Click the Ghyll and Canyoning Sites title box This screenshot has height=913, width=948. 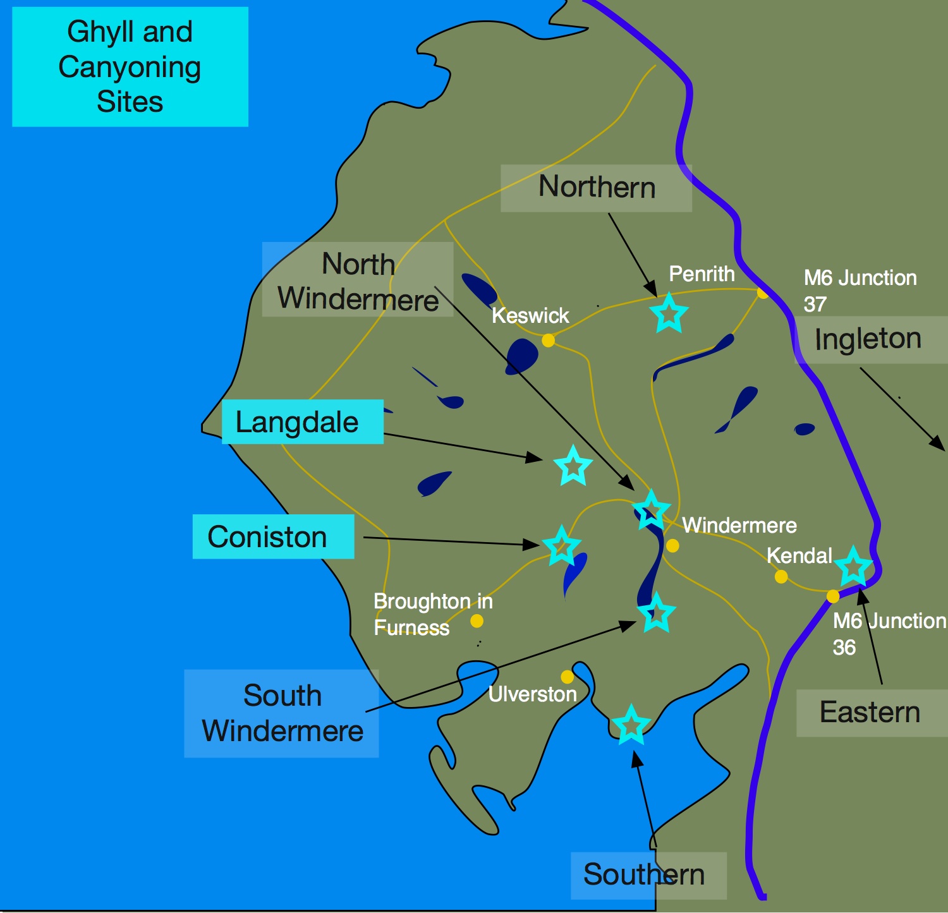point(130,66)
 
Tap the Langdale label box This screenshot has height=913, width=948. point(302,421)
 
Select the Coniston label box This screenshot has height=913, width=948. point(273,536)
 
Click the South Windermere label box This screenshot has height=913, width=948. point(282,713)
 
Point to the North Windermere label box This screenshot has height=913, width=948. point(358,280)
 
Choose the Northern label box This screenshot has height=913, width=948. point(596,188)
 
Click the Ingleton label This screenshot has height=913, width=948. point(868,339)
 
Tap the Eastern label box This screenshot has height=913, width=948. point(870,713)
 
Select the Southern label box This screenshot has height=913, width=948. point(645,875)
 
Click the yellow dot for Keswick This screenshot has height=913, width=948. point(548,341)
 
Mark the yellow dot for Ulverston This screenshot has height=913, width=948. point(568,677)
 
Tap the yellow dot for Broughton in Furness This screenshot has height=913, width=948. point(477,621)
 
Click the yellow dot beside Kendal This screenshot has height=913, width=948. point(781,576)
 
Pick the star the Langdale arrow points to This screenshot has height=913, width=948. point(573,466)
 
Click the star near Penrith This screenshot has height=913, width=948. point(669,313)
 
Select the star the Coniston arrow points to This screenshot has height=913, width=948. point(561,546)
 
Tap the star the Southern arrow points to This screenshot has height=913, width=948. point(631,725)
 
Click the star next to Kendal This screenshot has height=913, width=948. point(854,567)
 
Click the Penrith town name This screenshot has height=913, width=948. point(702,274)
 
